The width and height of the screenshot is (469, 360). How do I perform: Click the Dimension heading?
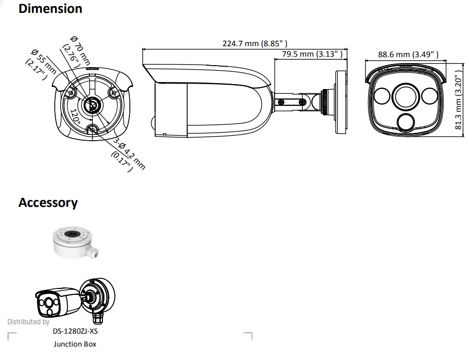pos(50,8)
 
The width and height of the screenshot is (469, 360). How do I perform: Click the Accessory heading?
pos(48,202)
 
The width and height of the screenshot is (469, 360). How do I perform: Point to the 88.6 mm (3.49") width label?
pos(408,55)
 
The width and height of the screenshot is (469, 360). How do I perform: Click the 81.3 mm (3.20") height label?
pos(460,100)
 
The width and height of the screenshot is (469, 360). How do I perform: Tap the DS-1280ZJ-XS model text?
pos(75,331)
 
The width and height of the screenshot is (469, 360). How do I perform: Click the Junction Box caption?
pos(75,344)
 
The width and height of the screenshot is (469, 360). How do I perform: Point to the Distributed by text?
pos(28,322)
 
